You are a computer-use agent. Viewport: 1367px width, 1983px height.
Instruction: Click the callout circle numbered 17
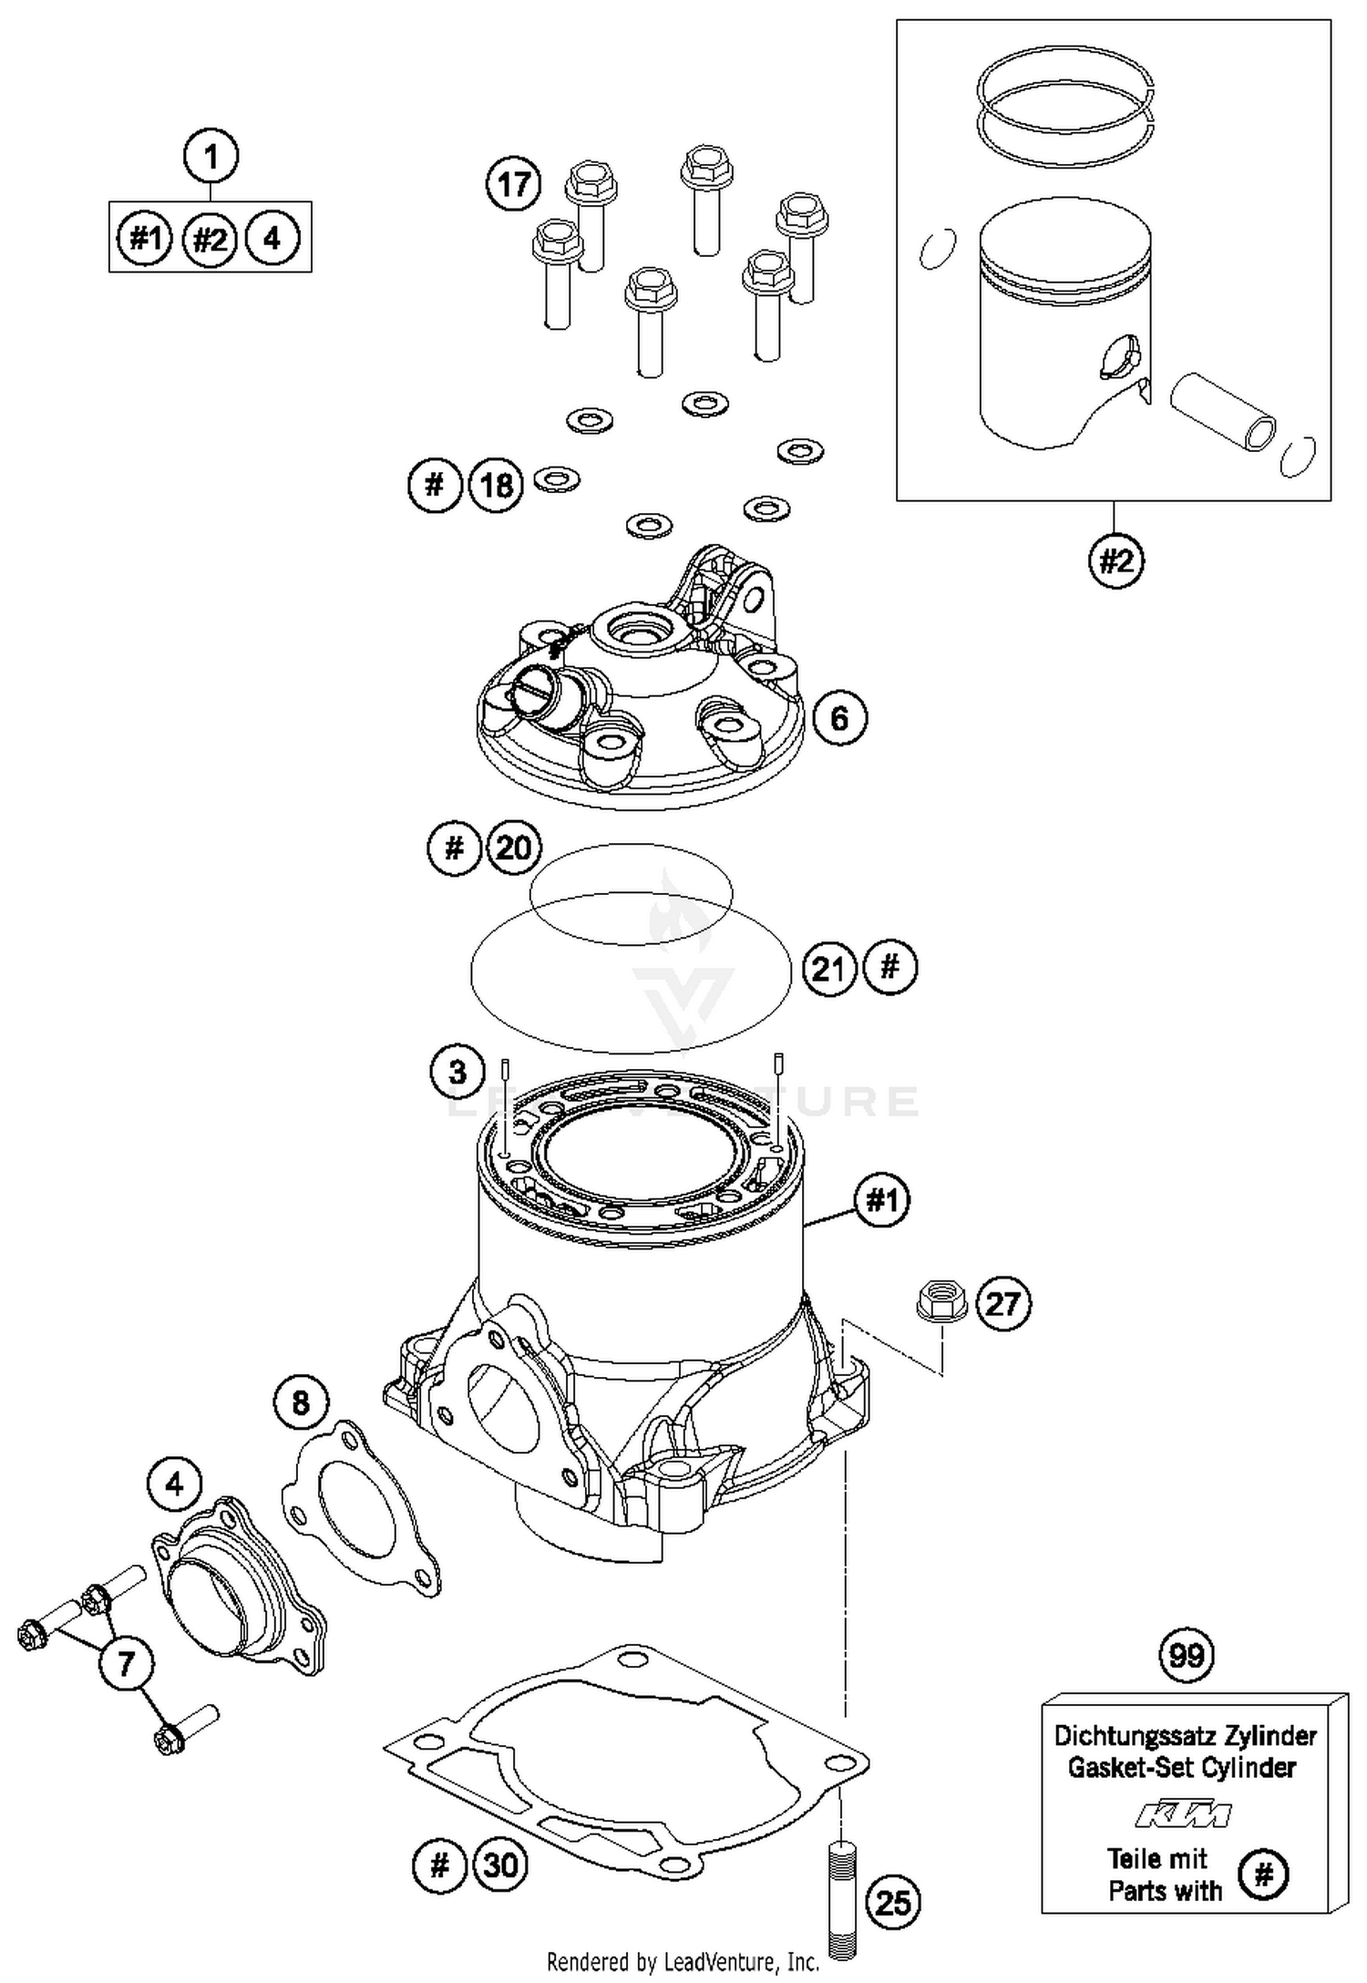coord(513,184)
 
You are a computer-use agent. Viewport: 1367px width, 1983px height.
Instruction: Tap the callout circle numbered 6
coord(838,718)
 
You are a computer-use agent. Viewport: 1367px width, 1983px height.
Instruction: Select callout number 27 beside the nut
coord(1002,1303)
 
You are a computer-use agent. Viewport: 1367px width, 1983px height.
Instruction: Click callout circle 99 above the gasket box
coord(1186,1654)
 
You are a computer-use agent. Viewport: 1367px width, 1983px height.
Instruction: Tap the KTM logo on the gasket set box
coord(1183,1814)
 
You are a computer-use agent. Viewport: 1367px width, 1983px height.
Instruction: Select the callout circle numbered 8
coord(301,1402)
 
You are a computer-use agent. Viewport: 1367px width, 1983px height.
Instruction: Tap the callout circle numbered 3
coord(457,1072)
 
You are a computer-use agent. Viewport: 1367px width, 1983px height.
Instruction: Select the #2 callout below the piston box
coord(1116,560)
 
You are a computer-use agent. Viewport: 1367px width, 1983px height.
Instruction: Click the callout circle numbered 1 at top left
coord(211,157)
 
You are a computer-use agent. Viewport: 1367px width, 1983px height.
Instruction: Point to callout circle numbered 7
coord(126,1664)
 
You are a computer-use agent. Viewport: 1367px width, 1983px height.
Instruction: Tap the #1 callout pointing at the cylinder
coord(881,1201)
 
